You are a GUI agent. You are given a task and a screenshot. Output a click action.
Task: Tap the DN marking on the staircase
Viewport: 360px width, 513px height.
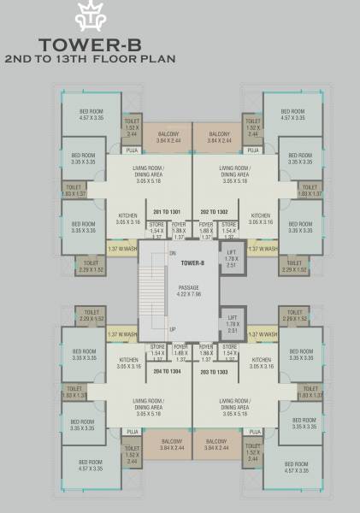[173, 254]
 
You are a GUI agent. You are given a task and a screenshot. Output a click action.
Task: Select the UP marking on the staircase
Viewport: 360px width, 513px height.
[173, 329]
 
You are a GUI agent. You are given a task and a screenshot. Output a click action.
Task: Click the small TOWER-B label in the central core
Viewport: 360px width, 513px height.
[192, 263]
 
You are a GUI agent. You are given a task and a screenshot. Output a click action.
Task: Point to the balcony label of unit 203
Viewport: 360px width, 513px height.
[217, 445]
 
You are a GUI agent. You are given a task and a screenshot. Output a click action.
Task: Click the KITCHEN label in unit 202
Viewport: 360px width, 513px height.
[262, 219]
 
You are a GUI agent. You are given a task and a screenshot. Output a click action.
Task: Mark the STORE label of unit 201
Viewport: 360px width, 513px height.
[156, 230]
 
